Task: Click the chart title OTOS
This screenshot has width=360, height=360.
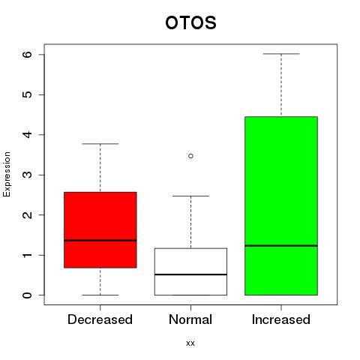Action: [x=190, y=22]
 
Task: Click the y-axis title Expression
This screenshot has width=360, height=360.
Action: [x=7, y=174]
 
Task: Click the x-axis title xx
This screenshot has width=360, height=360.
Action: [x=190, y=343]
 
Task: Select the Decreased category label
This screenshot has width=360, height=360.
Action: [x=100, y=319]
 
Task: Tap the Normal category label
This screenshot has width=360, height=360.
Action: [x=190, y=319]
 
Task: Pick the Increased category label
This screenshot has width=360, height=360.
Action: [x=281, y=319]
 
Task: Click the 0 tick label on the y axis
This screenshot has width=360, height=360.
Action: [x=28, y=295]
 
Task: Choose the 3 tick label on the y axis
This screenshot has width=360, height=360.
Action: [x=28, y=175]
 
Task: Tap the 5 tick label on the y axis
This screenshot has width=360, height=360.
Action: [x=28, y=94]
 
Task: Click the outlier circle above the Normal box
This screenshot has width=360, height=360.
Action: [x=190, y=156]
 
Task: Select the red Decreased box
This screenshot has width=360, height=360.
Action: [x=100, y=230]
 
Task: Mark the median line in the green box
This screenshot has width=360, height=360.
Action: [x=281, y=246]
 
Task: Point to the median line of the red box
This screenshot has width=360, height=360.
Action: [x=100, y=241]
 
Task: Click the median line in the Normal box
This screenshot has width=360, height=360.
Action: [x=190, y=274]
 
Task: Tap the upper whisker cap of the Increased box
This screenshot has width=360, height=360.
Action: [x=281, y=54]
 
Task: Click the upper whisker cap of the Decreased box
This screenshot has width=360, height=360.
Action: [x=100, y=144]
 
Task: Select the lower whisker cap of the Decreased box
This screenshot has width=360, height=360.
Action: [x=100, y=295]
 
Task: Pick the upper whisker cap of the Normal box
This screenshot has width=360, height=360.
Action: [x=190, y=196]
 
